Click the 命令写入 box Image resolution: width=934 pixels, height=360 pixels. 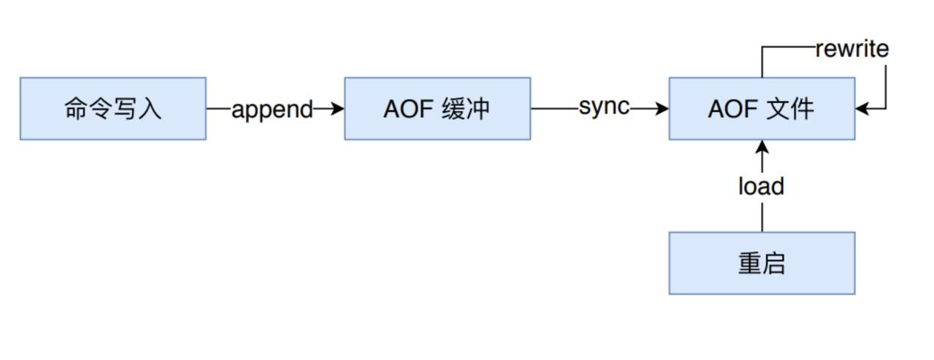(113, 108)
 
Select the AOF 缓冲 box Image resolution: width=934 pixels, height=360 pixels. (437, 108)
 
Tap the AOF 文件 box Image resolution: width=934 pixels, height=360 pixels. (761, 108)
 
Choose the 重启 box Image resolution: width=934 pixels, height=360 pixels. (761, 263)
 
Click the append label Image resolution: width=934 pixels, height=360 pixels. (272, 110)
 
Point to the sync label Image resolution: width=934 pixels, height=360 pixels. (604, 107)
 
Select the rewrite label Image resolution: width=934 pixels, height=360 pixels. (852, 50)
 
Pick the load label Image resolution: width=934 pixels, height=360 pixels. (761, 186)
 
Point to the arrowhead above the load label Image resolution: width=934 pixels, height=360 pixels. (761, 147)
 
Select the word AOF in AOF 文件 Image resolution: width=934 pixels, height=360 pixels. (729, 109)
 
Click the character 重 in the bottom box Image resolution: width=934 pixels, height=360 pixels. (750, 264)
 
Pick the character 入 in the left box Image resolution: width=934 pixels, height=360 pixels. (150, 109)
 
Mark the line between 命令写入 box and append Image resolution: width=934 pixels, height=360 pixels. (219, 109)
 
